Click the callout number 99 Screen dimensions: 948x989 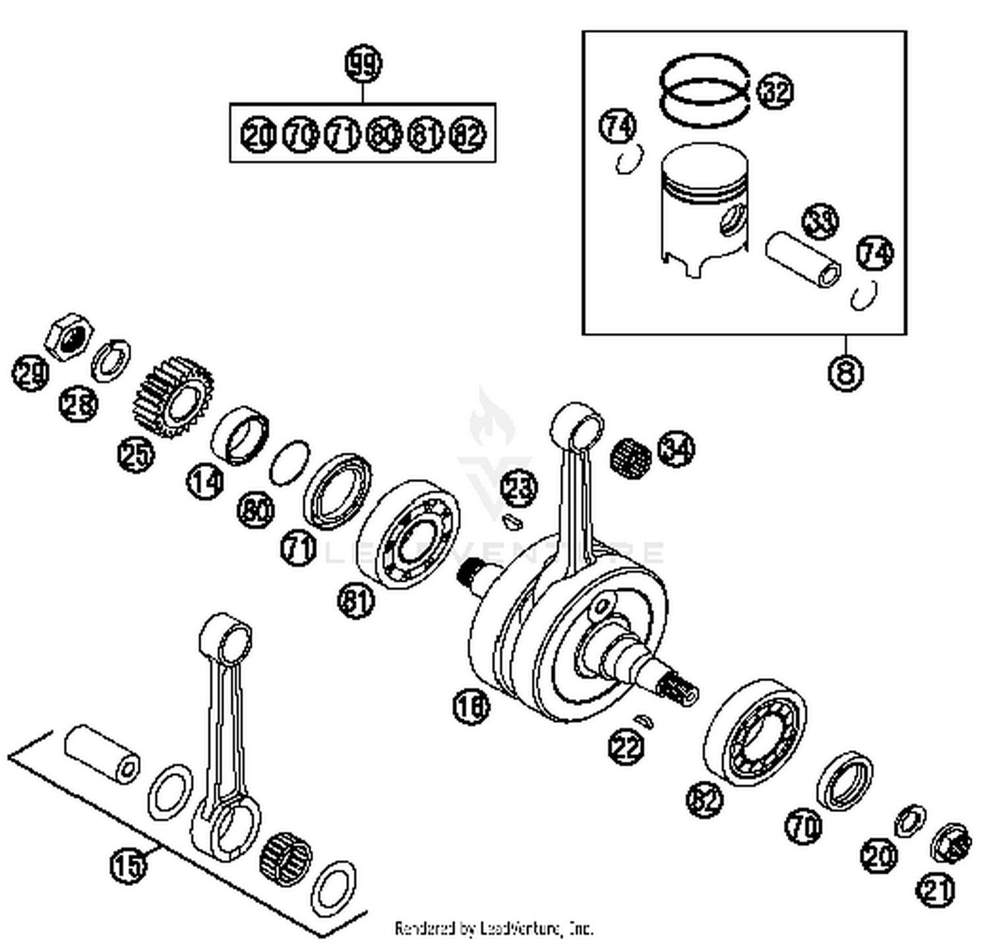click(363, 65)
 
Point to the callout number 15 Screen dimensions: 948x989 click(128, 864)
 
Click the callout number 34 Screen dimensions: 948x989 click(677, 449)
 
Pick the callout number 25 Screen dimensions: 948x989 click(136, 455)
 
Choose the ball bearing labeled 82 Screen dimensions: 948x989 click(755, 732)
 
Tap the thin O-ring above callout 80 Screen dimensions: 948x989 click(289, 462)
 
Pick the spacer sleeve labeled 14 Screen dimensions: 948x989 click(240, 433)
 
